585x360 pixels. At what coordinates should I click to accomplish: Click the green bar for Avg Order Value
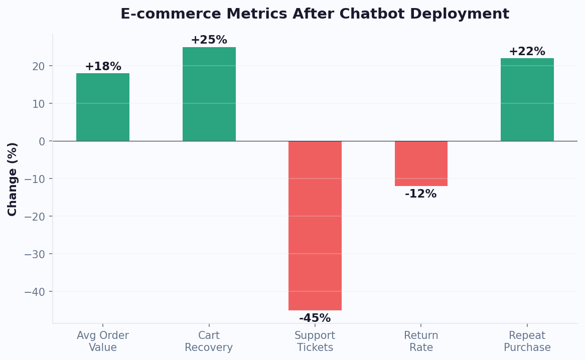103,107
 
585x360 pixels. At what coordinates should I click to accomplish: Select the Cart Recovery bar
209,94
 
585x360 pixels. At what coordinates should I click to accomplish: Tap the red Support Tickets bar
315,226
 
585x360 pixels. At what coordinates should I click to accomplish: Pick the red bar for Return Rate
421,163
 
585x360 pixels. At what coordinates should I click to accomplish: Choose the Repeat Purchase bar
527,100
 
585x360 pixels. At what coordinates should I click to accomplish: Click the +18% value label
103,67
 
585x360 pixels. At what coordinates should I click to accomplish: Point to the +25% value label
209,40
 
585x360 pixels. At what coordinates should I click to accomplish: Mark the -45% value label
315,318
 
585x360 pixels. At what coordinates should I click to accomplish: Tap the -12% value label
421,194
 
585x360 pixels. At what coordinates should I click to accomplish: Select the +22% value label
527,52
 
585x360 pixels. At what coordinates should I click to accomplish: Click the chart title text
315,14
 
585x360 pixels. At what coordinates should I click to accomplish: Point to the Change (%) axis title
13,179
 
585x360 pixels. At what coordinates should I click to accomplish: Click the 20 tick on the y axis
39,66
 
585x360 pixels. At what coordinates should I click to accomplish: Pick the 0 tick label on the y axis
42,141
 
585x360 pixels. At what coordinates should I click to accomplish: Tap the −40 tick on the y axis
35,292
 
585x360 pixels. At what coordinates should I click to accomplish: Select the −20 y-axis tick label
35,217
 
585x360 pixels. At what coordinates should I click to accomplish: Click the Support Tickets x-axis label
315,341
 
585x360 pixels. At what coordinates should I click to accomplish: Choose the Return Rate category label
421,341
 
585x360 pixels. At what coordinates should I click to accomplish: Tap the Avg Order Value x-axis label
103,341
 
